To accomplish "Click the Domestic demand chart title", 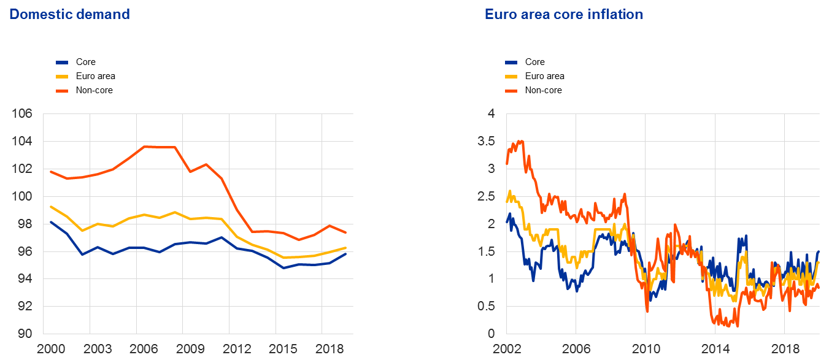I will [x=69, y=14].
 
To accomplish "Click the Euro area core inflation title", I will [x=564, y=14].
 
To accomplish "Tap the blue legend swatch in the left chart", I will [x=62, y=63].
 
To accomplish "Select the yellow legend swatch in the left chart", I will [x=62, y=77].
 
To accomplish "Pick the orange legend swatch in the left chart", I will [x=62, y=91].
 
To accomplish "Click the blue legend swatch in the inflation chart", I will [x=511, y=63].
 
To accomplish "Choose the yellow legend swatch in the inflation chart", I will [x=511, y=77].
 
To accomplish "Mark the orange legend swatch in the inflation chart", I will [x=511, y=91].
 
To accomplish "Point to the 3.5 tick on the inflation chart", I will [x=486, y=142].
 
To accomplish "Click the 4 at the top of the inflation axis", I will [x=491, y=114].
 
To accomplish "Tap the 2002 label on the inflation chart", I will [x=506, y=349].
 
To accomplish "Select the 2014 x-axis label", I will [x=715, y=349].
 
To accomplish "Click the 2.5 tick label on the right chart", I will [x=486, y=197].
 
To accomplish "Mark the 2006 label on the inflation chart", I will [x=576, y=349].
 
